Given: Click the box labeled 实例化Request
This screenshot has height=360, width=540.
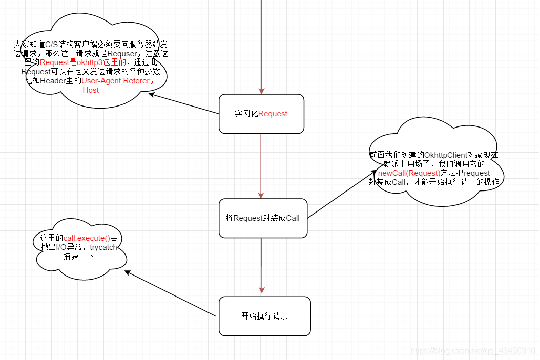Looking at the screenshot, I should coord(261,114).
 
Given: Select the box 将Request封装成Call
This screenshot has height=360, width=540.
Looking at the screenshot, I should coord(263,218).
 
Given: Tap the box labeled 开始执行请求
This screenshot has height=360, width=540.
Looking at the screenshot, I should coord(264,316).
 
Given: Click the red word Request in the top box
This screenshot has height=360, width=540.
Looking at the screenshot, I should coord(273,114).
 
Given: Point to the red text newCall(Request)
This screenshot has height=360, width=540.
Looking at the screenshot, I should coord(409,173).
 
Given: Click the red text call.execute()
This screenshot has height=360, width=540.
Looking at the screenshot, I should coord(87,238).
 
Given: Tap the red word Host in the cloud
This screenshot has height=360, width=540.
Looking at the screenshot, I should coord(91,90).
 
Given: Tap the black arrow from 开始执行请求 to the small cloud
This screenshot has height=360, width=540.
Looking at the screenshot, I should coord(170,293).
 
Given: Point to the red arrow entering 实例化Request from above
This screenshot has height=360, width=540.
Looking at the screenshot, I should coord(261,46).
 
